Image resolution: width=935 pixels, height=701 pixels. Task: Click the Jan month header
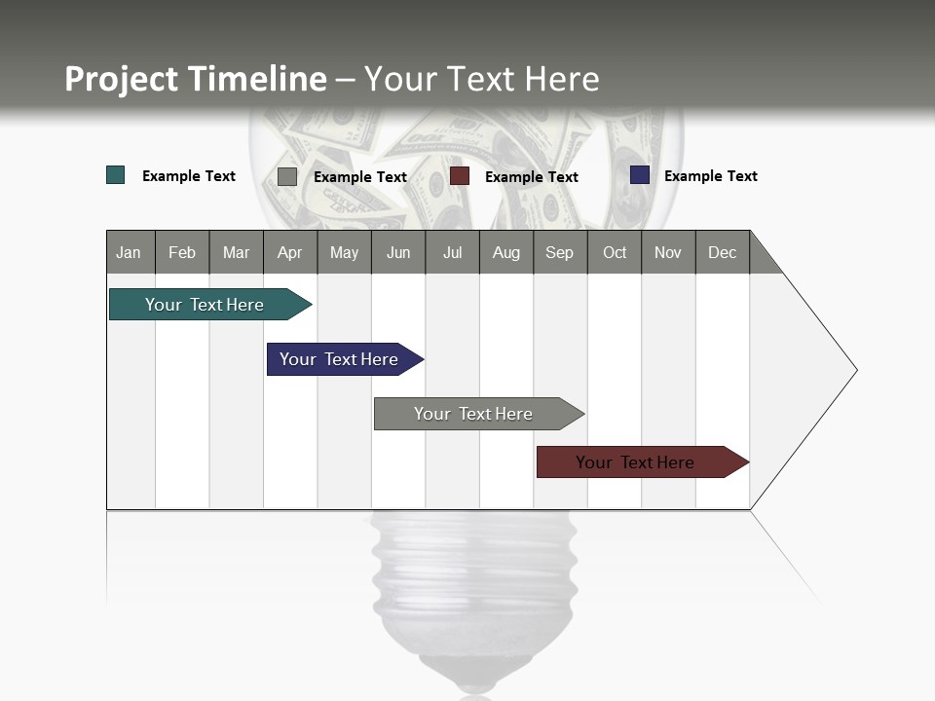tap(130, 252)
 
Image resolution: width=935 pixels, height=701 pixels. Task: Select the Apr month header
tap(290, 252)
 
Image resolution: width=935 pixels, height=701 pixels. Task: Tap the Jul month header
tap(452, 252)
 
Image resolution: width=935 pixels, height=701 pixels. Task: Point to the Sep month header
tap(559, 252)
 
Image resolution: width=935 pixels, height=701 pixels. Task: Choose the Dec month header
tap(722, 252)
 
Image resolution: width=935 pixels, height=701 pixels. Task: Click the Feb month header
tap(182, 252)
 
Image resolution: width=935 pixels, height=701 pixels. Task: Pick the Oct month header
tap(615, 252)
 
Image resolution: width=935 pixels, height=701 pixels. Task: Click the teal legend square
tap(116, 175)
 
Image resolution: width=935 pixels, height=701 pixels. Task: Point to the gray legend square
tap(287, 176)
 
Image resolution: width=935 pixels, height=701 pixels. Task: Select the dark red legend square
tap(460, 175)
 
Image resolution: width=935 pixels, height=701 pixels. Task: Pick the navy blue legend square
tap(640, 174)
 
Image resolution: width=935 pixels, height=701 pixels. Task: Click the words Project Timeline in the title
tap(196, 79)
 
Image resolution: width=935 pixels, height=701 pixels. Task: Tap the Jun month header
tap(398, 252)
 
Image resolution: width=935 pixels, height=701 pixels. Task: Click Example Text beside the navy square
tap(710, 176)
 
